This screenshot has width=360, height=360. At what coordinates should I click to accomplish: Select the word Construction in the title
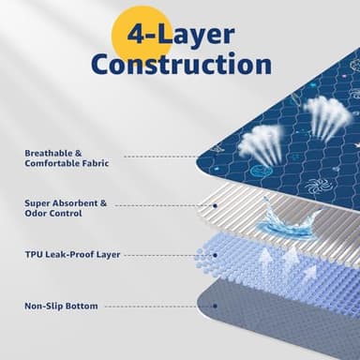pyautogui.click(x=181, y=65)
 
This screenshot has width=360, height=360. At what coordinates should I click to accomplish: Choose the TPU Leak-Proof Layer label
pyautogui.click(x=71, y=254)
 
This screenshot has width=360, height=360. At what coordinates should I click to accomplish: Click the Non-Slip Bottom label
pyautogui.click(x=61, y=306)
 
